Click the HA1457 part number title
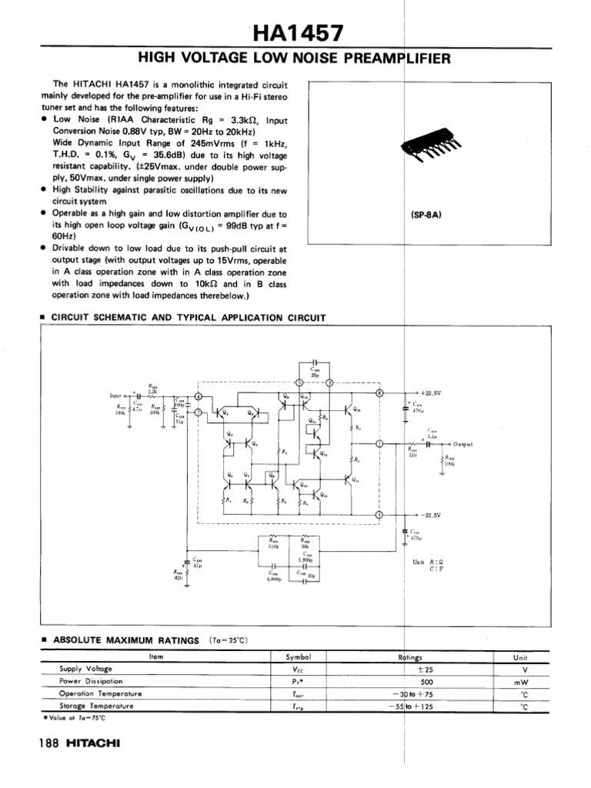[297, 33]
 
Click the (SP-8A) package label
[426, 215]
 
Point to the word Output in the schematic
[462, 444]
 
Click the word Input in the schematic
[118, 396]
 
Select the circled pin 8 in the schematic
[378, 392]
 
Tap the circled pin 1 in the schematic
[378, 444]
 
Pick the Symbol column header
[298, 656]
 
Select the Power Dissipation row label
[91, 681]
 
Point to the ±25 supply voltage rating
[424, 669]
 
